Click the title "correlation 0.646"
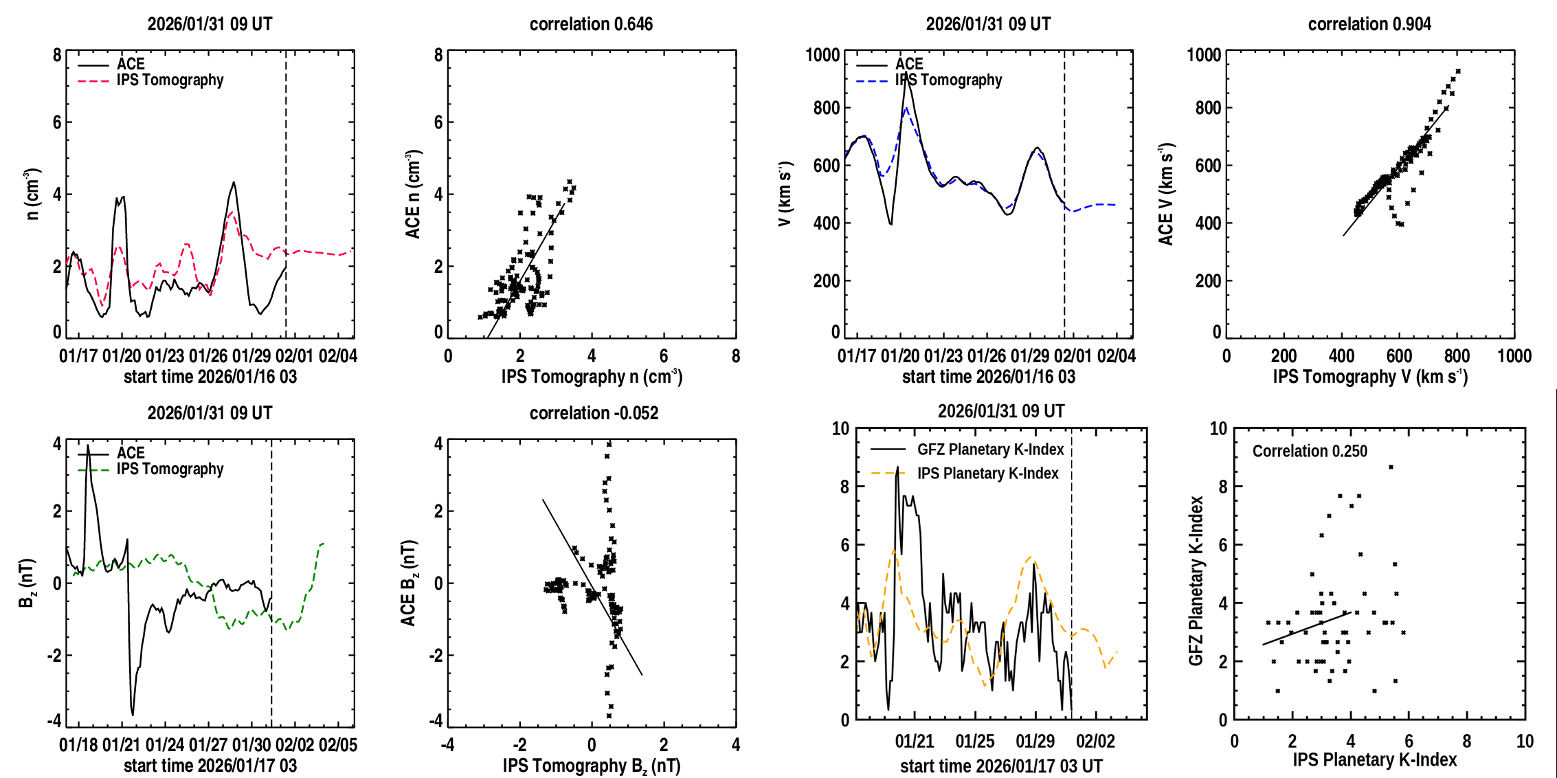[x=591, y=24]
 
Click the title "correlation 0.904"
[x=1369, y=24]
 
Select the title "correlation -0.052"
[x=594, y=413]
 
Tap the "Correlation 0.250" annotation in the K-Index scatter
[x=1309, y=451]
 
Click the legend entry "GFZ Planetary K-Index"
[x=990, y=449]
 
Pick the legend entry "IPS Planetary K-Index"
[x=987, y=474]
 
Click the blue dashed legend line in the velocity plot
[x=872, y=81]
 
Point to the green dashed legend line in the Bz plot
[x=93, y=470]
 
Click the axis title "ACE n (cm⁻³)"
[x=413, y=194]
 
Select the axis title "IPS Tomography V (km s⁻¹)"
[x=1369, y=377]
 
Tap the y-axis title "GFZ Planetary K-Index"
[x=1196, y=581]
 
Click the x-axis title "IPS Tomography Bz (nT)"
[x=591, y=766]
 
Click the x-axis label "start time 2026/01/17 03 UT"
[x=1001, y=766]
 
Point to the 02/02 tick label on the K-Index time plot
[x=1095, y=742]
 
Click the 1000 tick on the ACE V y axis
[x=1204, y=55]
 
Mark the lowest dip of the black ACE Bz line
[x=133, y=715]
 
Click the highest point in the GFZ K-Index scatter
[x=1391, y=467]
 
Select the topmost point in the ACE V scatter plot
[x=1458, y=71]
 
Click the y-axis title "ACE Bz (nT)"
[x=409, y=583]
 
